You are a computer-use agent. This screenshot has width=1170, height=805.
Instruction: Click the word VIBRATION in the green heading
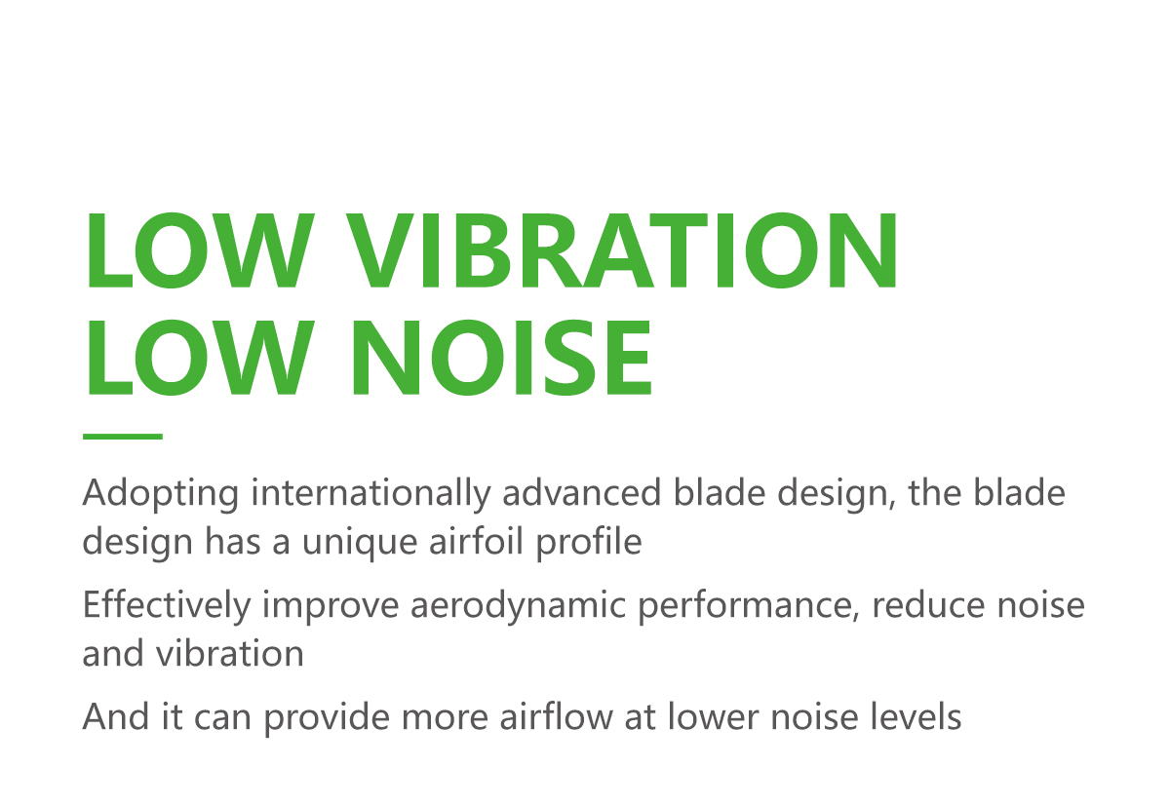coord(622,250)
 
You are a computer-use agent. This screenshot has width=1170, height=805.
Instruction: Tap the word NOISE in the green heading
coord(502,358)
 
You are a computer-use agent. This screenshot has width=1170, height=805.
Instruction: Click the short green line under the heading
coord(123,437)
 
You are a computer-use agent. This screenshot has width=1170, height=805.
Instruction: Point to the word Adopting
coord(161,494)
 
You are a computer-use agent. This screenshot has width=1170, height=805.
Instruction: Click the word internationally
coord(371,494)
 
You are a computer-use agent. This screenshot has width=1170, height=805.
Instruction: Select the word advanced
coord(582,492)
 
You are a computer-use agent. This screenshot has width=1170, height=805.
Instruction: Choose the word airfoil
coord(477,541)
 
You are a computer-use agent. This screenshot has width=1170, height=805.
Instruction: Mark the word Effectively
coord(167,606)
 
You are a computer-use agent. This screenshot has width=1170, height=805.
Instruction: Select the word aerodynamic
coord(518,606)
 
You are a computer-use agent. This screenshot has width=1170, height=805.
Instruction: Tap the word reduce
coord(928,604)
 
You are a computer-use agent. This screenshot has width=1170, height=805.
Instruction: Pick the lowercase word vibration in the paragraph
coord(229,654)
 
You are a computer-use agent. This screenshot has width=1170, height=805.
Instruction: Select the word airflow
coord(557,715)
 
